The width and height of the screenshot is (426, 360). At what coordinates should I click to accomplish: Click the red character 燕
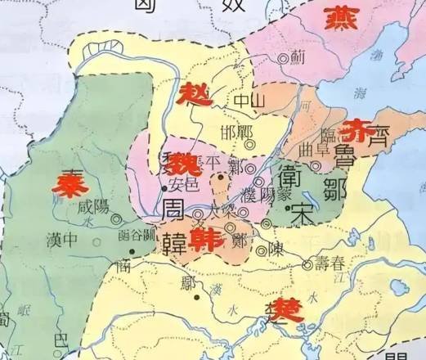(342, 17)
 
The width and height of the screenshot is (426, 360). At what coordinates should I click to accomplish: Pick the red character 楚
(274, 310)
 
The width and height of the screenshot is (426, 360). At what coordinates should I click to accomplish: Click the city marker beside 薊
(283, 58)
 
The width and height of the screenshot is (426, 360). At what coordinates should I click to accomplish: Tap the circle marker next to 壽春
(307, 263)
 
